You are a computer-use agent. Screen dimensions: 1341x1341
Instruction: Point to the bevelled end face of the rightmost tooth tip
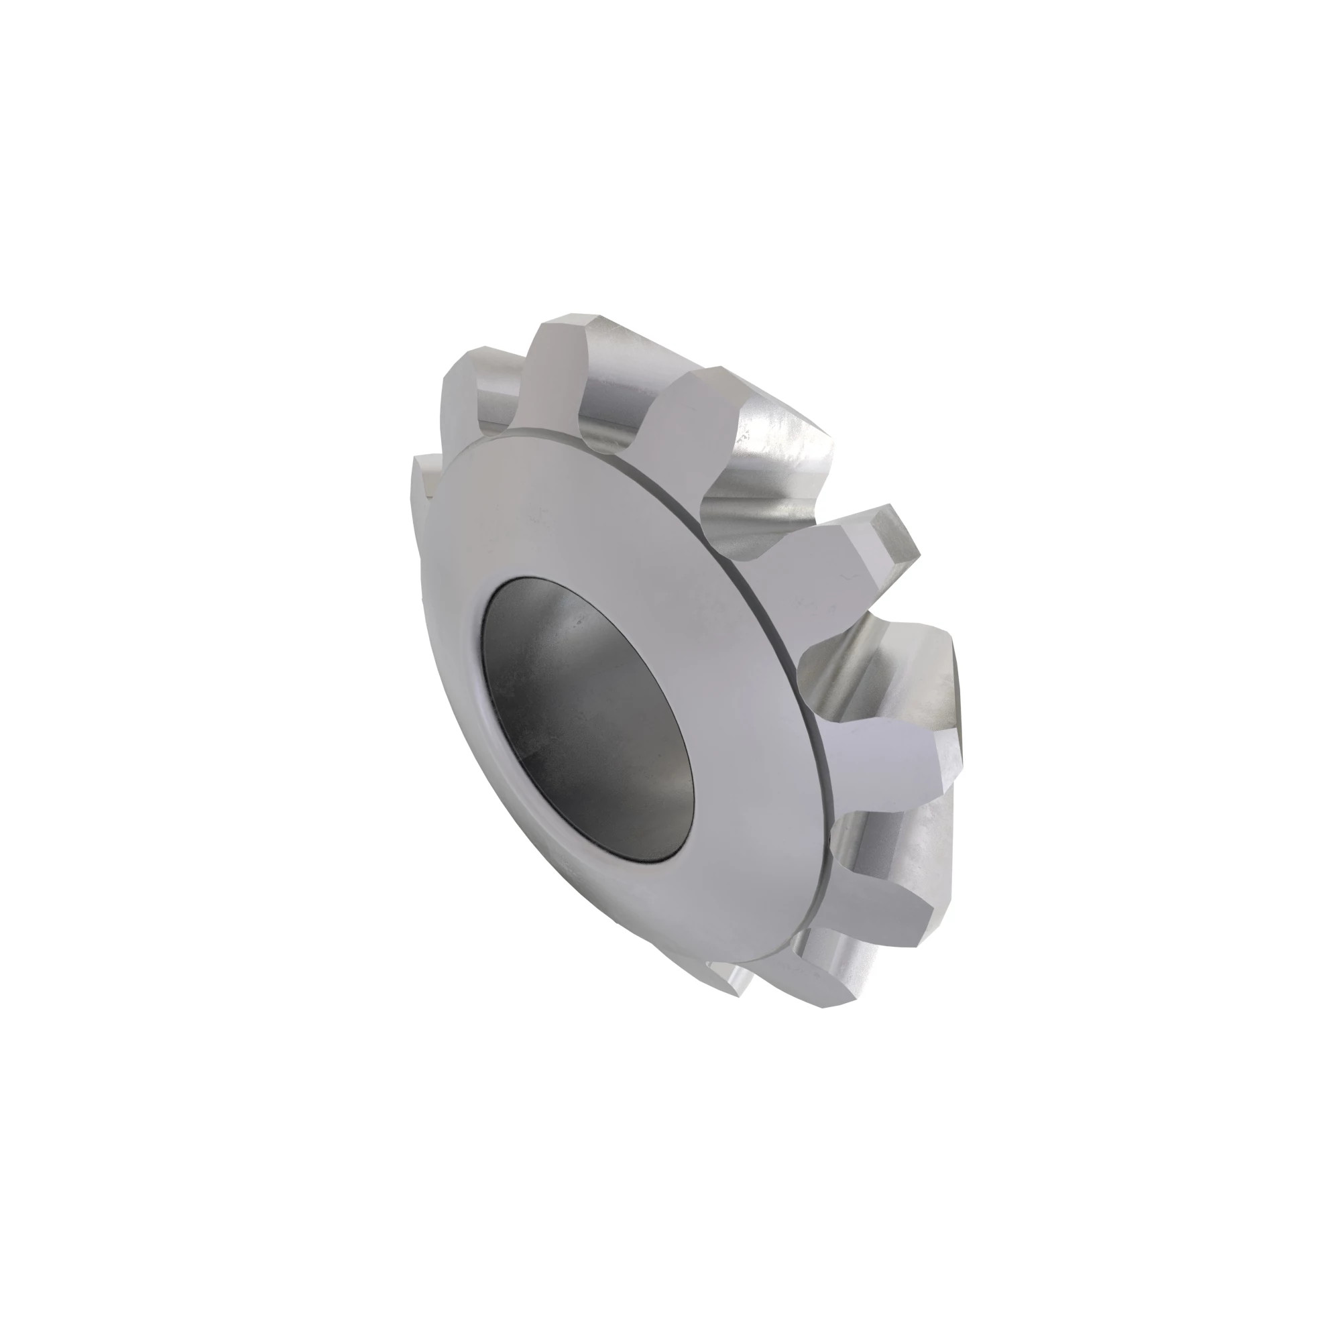coord(895,534)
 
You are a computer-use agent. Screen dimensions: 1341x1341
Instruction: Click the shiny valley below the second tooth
coord(777,479)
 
